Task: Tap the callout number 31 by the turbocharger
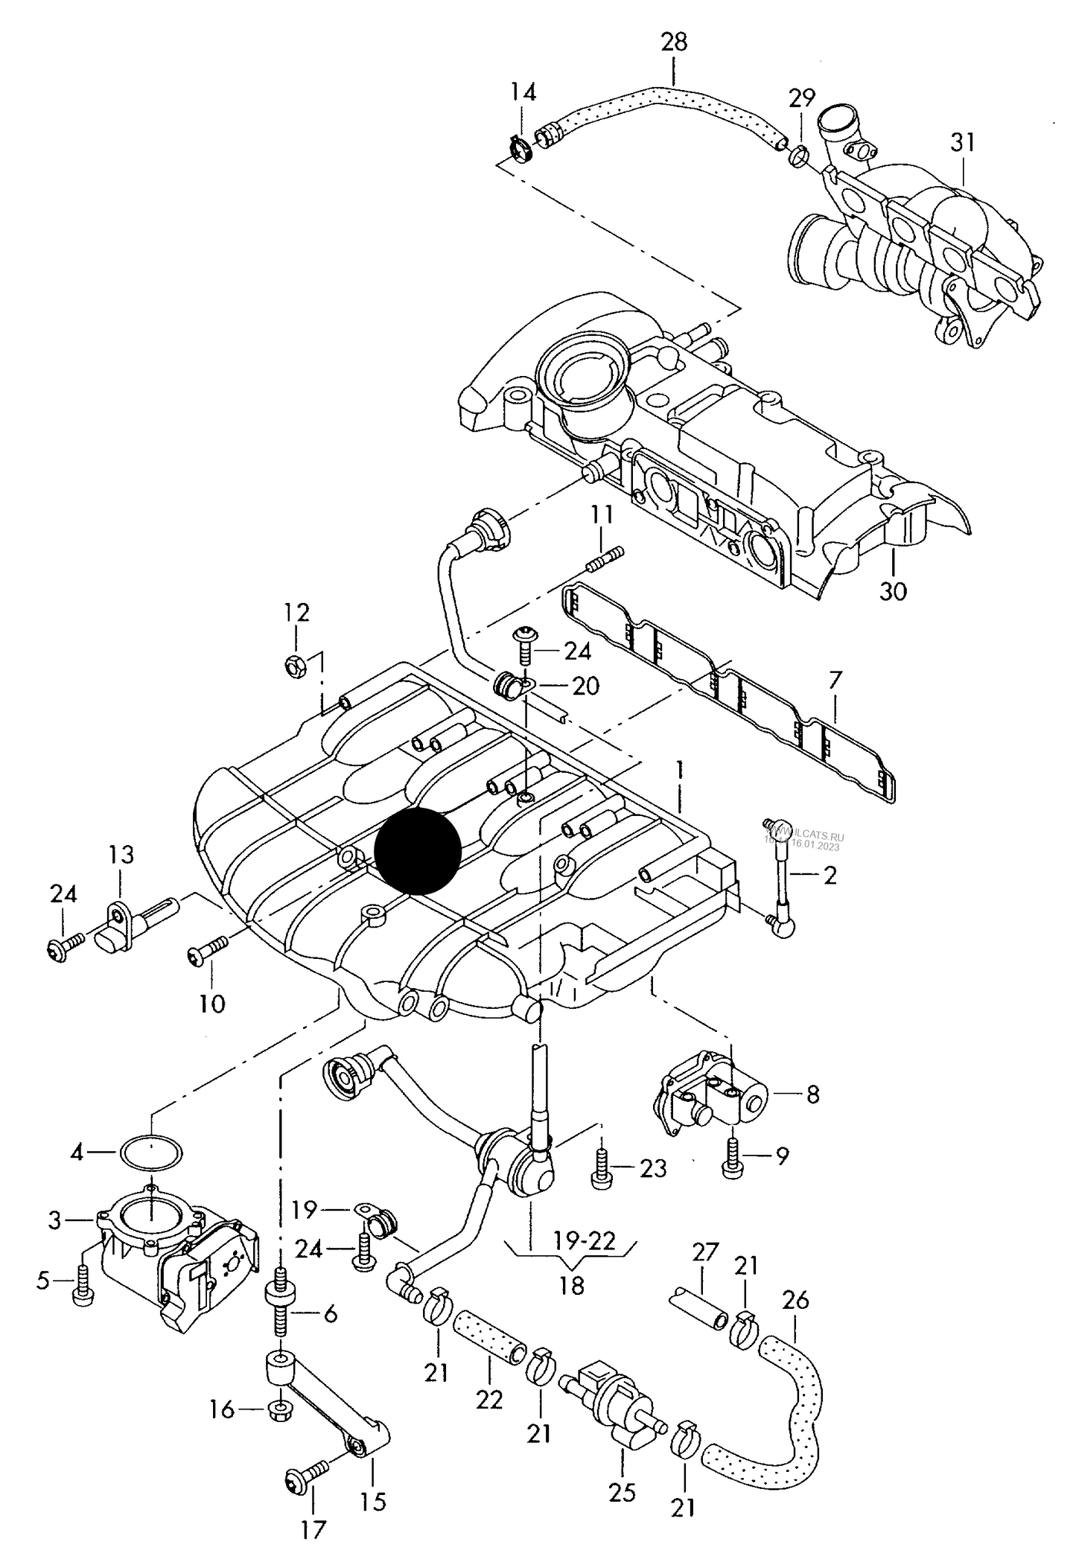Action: [962, 142]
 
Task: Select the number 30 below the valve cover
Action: [893, 591]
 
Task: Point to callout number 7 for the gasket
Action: [835, 681]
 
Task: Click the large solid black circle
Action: [417, 850]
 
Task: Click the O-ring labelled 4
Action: [152, 1153]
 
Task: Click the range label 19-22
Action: [585, 1240]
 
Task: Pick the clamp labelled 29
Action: [798, 156]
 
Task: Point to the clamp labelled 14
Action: [523, 147]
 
